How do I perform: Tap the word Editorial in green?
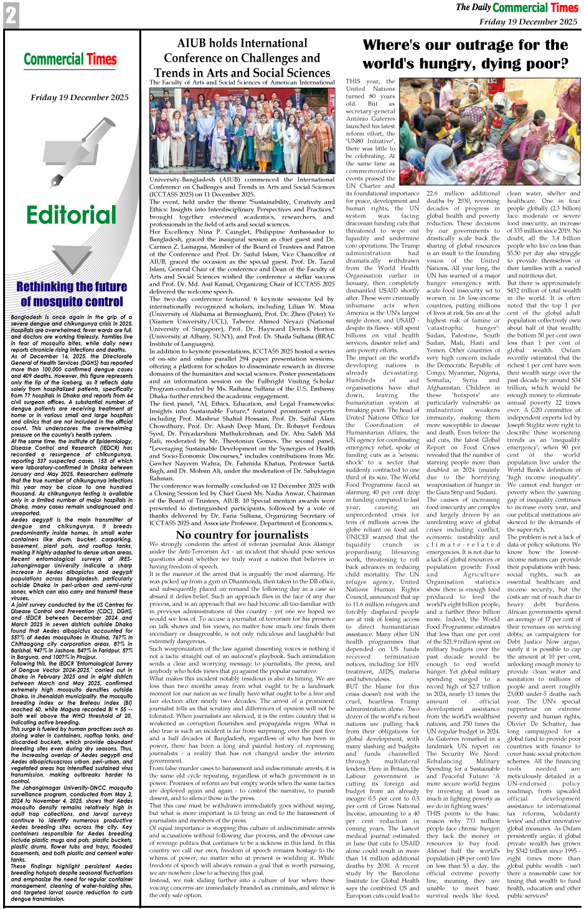[x=71, y=215]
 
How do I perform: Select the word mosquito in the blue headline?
[x=71, y=302]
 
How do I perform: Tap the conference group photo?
[x=242, y=130]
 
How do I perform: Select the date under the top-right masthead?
[x=528, y=22]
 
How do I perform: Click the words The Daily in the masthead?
[x=473, y=7]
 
